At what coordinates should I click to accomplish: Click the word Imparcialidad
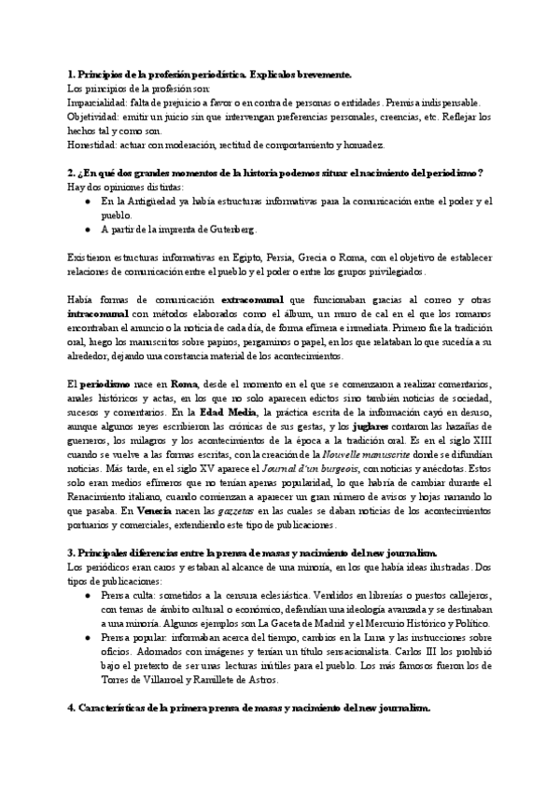pos(95,102)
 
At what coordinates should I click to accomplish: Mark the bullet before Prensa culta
pos(87,596)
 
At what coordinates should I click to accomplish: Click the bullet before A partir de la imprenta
pos(87,229)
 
